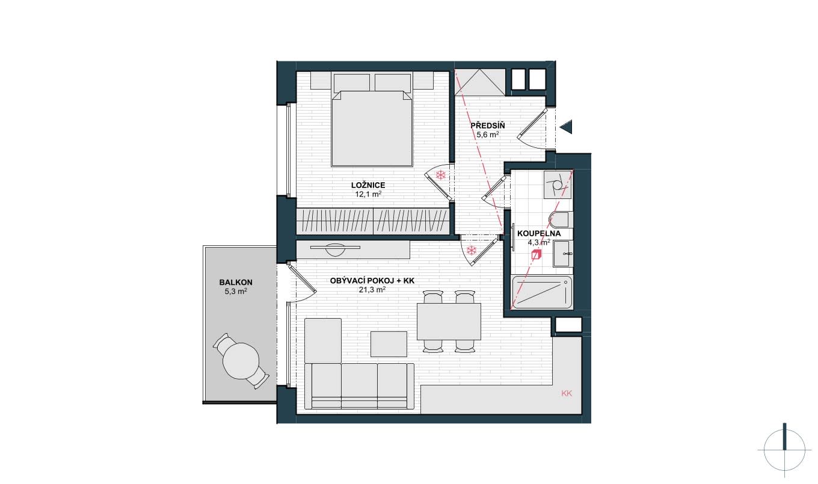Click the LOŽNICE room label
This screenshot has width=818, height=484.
[x=368, y=185]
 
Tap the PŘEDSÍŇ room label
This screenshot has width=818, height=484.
[x=488, y=126]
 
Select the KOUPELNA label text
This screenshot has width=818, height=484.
[x=539, y=234]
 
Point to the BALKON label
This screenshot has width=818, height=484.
[x=236, y=282]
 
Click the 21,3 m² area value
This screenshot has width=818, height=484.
[x=372, y=290]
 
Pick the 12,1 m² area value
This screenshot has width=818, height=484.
[x=368, y=194]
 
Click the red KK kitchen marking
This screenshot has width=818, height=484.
[x=567, y=393]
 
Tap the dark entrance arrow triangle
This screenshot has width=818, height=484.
[x=567, y=127]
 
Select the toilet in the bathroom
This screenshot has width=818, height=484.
[x=559, y=220]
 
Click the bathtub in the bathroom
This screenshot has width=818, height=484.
[x=542, y=292]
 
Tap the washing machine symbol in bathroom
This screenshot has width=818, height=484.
[x=557, y=185]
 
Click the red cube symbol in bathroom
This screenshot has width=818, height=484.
[x=536, y=254]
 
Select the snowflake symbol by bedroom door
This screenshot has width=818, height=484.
[x=441, y=175]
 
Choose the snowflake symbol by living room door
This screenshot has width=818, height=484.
[x=472, y=250]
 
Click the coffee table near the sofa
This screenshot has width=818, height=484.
[x=389, y=344]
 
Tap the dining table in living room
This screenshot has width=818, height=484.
[x=449, y=321]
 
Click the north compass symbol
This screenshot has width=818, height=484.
[x=784, y=450]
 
